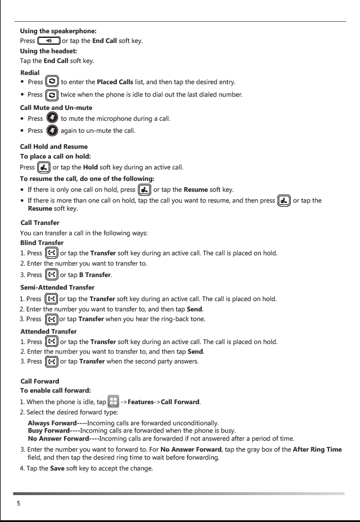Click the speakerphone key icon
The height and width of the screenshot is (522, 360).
click(49, 41)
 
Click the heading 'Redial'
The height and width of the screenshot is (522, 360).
click(30, 73)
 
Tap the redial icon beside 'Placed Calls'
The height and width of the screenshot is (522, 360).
click(52, 82)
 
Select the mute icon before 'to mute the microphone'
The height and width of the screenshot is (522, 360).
click(52, 118)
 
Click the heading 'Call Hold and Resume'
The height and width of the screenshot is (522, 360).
click(54, 147)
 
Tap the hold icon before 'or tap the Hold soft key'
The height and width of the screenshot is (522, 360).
click(43, 168)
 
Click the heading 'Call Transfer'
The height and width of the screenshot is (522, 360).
click(39, 222)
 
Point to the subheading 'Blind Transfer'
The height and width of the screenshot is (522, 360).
click(42, 243)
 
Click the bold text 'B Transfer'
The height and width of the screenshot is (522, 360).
click(94, 275)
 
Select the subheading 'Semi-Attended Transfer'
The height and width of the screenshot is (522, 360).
click(57, 287)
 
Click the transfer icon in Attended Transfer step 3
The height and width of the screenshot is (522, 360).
click(52, 362)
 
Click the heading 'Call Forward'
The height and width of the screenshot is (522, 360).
click(39, 381)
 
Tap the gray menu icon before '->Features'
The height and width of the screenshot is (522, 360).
click(113, 401)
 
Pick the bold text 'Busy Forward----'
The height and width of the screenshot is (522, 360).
click(53, 430)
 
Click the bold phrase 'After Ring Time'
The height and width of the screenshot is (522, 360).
click(317, 449)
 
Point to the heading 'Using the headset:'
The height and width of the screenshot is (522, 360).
click(49, 51)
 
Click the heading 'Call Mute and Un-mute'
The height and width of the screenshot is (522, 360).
click(56, 108)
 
